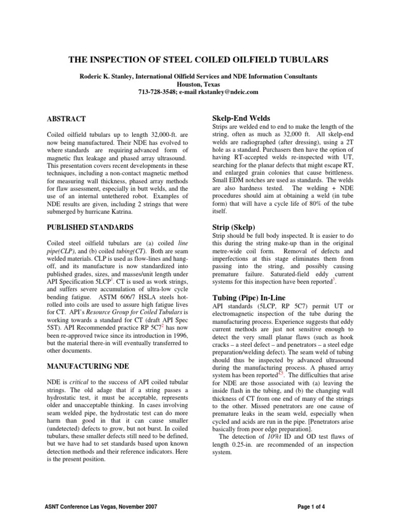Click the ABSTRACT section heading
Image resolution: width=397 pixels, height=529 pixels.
pyautogui.click(x=66, y=119)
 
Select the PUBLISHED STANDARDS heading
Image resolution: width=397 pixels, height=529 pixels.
pyautogui.click(x=90, y=227)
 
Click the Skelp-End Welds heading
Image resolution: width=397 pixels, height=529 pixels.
pyautogui.click(x=241, y=118)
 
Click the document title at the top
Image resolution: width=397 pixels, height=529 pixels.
pyautogui.click(x=198, y=60)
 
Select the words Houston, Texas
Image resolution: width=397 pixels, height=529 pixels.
pyautogui.click(x=198, y=84)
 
